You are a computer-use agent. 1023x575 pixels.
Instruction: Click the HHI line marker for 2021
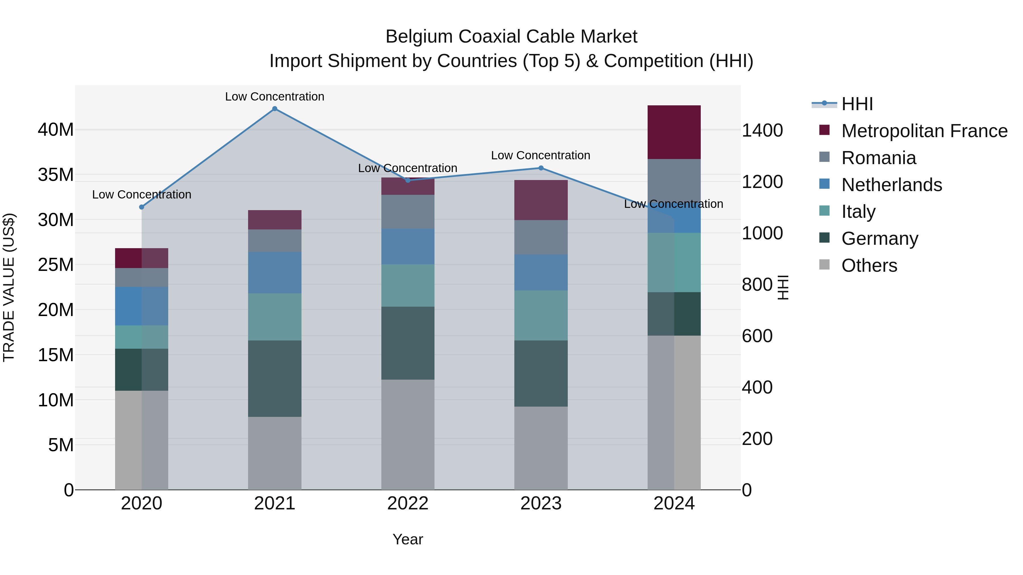tap(275, 109)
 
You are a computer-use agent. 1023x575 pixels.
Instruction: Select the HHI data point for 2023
tap(540, 168)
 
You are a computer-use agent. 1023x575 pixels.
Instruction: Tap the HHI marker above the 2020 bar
tap(142, 207)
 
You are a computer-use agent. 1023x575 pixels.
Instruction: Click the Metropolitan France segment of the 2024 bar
tap(674, 132)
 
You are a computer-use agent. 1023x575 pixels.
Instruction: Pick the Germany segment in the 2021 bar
tap(275, 378)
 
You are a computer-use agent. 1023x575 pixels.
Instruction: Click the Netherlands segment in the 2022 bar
tap(407, 246)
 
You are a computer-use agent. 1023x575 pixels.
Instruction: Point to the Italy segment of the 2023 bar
tap(540, 315)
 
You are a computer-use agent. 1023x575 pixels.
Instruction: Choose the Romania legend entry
tap(878, 158)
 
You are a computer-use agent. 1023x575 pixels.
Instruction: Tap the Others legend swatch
tap(824, 265)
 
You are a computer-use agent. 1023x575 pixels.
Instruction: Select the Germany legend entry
tap(879, 239)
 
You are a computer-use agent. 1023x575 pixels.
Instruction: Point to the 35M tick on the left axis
tap(56, 175)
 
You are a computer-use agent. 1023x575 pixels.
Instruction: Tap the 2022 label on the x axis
tap(407, 503)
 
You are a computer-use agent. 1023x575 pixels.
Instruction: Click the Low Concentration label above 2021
tap(275, 97)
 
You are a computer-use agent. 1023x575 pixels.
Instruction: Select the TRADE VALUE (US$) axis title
tap(9, 287)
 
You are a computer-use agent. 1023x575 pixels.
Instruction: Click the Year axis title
tap(407, 539)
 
